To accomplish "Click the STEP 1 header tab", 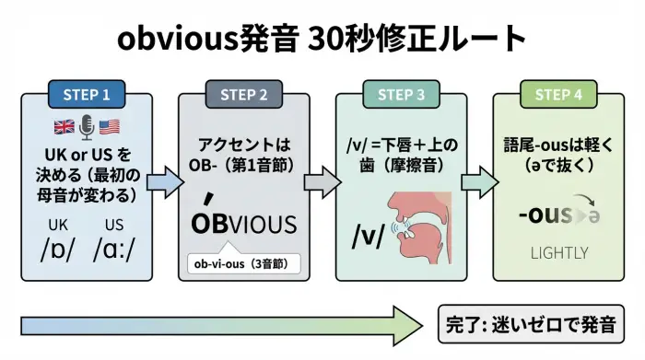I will [x=87, y=94].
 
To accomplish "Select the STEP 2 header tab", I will [x=244, y=94].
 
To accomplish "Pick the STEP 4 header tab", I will [x=558, y=94].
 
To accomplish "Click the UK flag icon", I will [x=65, y=128].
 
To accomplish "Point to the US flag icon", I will [x=111, y=128].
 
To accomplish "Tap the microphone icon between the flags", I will [x=88, y=128].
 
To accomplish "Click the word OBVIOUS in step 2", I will [x=243, y=224].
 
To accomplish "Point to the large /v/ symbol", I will [x=369, y=235].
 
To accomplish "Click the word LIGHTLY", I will [x=559, y=251].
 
